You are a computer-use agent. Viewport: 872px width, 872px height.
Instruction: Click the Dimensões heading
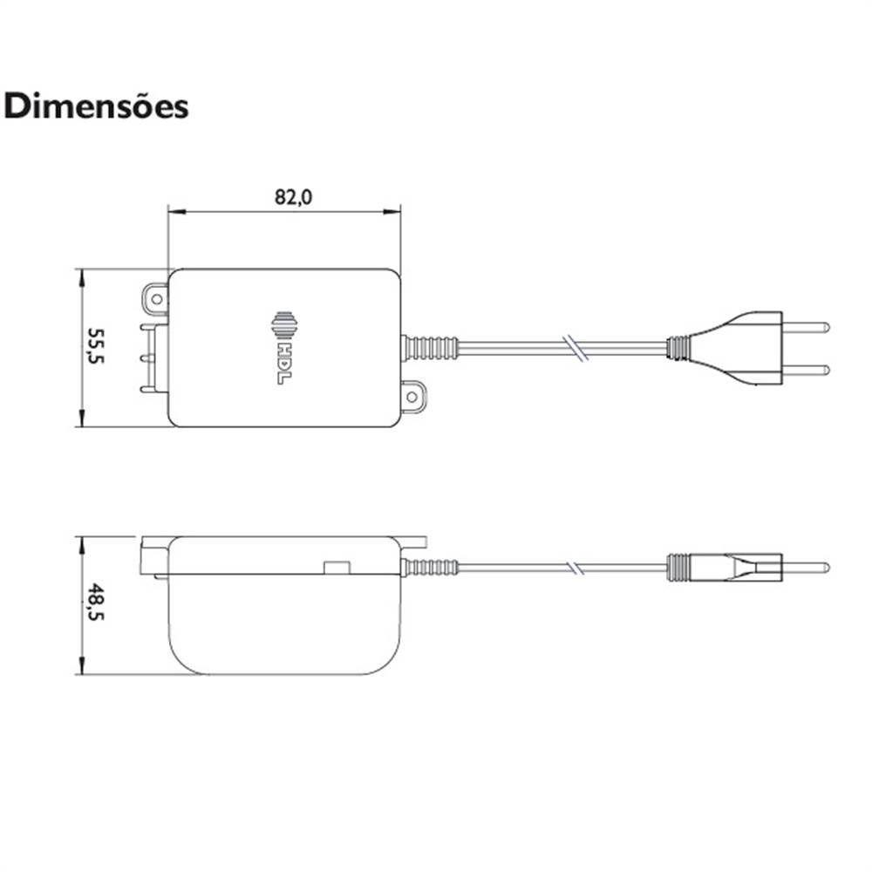(96, 106)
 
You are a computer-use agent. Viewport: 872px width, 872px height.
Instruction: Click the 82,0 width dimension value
(293, 197)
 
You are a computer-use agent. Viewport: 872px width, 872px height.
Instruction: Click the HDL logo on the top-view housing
(285, 347)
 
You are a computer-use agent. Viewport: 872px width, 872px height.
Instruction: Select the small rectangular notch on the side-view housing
(336, 568)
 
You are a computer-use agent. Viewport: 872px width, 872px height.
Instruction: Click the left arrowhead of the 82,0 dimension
(173, 211)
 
